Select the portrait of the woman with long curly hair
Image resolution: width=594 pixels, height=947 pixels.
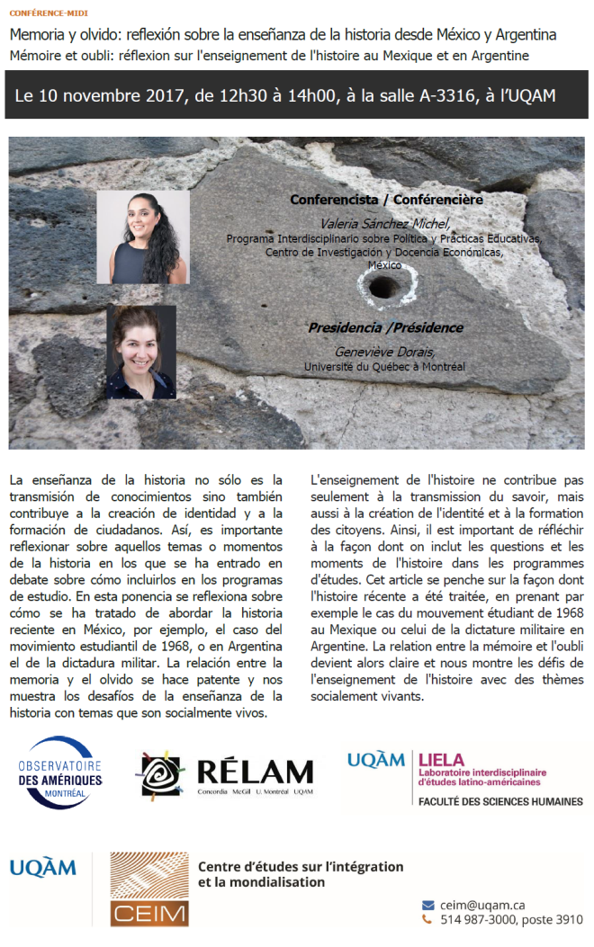coord(142,237)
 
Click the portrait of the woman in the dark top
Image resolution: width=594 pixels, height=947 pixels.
coord(141,352)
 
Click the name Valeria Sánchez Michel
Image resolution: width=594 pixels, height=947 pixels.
coord(385,224)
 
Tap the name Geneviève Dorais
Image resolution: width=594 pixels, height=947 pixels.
coord(384,352)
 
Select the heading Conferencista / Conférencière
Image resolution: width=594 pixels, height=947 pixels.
coord(385,200)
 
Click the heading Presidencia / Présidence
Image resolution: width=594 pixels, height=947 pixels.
coord(385,327)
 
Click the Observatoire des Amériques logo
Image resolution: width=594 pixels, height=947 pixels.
coord(59,773)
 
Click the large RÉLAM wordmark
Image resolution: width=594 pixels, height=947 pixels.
coord(254,771)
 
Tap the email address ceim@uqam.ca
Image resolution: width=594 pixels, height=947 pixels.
coord(482,905)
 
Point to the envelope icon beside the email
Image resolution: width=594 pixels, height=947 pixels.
coord(427,905)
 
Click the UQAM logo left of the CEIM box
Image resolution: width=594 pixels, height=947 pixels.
coord(43,868)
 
